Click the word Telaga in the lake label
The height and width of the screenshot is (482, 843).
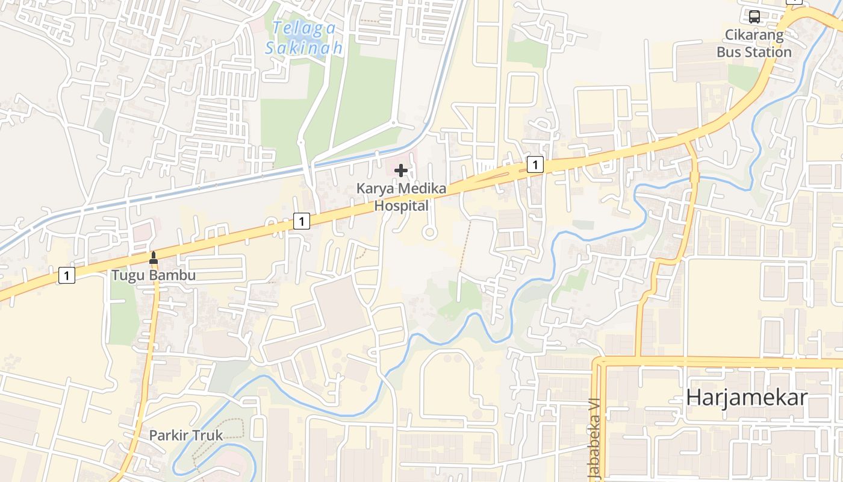(x=295, y=28)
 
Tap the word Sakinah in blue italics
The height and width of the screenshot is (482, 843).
(x=304, y=48)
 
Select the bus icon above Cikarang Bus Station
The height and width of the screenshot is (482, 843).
(x=754, y=16)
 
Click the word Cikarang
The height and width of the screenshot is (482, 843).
(x=754, y=35)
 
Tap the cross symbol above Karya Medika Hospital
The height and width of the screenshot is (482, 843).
(x=401, y=171)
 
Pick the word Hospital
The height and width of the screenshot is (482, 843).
(x=402, y=205)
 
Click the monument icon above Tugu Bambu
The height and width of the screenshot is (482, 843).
(x=154, y=258)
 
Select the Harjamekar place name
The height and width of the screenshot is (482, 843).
(x=747, y=398)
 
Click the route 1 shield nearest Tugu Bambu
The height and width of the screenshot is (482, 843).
(x=67, y=276)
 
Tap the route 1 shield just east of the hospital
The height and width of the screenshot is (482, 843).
(x=535, y=164)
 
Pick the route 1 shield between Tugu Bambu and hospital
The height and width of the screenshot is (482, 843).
(x=302, y=221)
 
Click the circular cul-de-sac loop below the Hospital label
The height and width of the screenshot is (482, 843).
(x=429, y=232)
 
